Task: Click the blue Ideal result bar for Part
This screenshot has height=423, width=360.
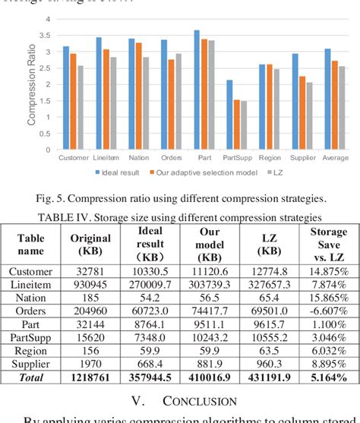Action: [x=197, y=90]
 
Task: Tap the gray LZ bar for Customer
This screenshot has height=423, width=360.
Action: [x=81, y=107]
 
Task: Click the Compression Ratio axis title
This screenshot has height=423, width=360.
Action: [x=32, y=84]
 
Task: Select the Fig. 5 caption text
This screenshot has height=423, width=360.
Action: [x=180, y=198]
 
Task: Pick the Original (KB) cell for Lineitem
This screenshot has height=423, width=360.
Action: [x=90, y=286]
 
